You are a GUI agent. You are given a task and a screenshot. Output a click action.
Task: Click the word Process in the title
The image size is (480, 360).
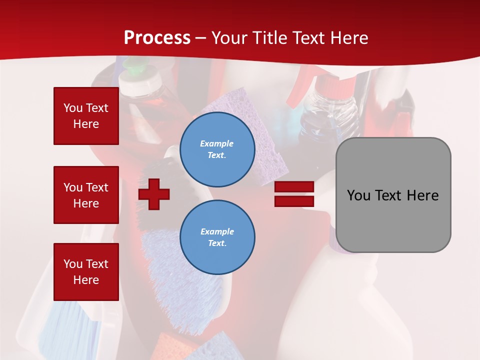pos(157,37)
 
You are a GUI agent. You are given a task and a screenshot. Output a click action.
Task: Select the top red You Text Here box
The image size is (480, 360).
pos(86,116)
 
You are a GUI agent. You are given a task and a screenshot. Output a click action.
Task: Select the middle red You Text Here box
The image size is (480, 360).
pos(86,195)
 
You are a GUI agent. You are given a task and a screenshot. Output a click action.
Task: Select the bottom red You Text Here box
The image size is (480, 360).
pos(86,272)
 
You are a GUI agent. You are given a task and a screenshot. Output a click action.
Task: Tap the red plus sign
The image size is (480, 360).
pos(154,193)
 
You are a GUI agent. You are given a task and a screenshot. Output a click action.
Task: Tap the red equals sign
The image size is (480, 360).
pos(294,194)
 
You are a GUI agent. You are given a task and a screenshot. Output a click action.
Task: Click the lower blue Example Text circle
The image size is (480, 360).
pos(217,237)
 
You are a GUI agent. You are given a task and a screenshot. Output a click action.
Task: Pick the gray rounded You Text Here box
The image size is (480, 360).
pos(393,195)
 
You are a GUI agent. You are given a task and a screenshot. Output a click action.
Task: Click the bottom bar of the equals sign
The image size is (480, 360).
pos(294,201)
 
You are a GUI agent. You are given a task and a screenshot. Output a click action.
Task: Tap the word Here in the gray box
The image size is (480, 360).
pos(422,195)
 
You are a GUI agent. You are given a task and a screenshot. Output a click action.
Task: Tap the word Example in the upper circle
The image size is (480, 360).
pos(217,143)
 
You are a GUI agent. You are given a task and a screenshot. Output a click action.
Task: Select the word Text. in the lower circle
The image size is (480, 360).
pos(217,243)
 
